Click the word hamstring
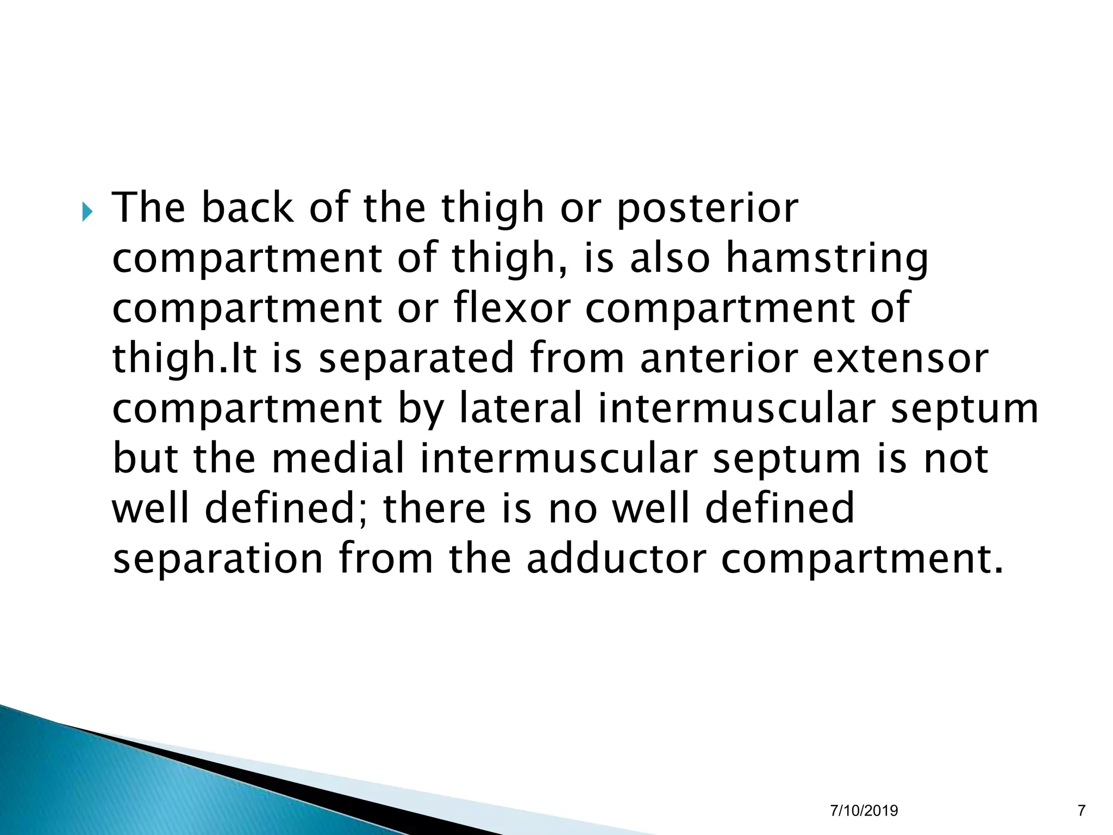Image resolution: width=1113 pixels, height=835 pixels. click(827, 258)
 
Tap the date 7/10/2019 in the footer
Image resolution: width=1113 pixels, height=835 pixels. click(864, 811)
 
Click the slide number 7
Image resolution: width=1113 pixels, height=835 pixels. click(1081, 811)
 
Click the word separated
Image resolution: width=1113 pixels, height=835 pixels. click(416, 359)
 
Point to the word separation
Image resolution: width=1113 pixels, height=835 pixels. click(218, 560)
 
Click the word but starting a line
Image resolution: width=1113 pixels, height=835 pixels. click(145, 458)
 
